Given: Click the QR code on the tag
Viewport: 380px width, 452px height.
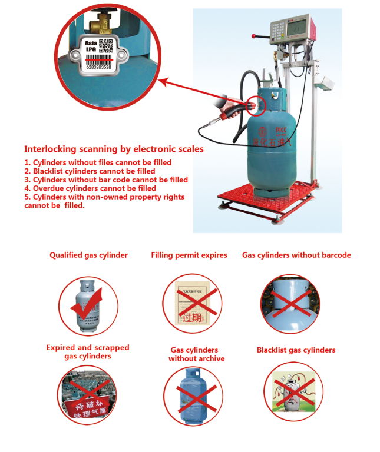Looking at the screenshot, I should (x=105, y=45).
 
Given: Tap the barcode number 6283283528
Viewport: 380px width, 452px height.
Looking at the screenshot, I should (x=98, y=67).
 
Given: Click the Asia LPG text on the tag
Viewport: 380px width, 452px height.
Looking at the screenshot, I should (x=91, y=46).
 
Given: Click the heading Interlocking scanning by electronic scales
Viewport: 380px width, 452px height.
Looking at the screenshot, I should (x=114, y=149).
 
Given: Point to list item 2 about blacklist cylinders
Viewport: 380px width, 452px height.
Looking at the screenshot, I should (x=90, y=171).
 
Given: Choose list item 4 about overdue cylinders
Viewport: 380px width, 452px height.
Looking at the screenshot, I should (x=90, y=188).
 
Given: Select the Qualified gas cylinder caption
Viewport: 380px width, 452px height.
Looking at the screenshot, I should (x=88, y=255).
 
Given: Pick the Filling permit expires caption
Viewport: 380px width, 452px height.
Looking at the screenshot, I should (x=189, y=255).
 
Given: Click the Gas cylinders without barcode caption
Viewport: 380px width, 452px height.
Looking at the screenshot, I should (x=296, y=255).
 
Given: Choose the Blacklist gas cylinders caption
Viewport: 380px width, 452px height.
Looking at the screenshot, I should (x=296, y=350).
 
